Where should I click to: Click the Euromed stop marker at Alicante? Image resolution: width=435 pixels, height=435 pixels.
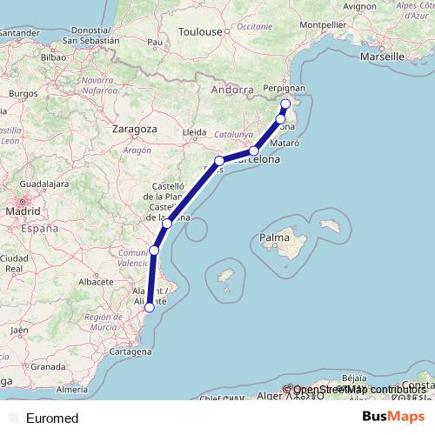tap(150, 307)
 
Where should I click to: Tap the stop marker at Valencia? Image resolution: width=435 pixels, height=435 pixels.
tap(154, 251)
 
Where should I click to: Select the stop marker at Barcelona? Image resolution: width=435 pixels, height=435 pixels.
tap(253, 151)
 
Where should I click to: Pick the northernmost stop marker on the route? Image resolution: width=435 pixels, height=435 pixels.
tap(285, 104)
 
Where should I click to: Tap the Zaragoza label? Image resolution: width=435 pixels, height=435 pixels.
tap(134, 128)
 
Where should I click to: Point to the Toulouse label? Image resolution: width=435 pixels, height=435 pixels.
tap(201, 31)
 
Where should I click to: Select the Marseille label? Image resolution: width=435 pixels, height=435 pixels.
tap(385, 56)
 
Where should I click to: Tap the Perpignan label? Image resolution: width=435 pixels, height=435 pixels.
tap(284, 88)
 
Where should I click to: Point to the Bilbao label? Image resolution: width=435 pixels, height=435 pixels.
tap(53, 56)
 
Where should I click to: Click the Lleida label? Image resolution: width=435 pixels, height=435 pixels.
tap(194, 132)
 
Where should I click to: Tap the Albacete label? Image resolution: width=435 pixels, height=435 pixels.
tap(97, 283)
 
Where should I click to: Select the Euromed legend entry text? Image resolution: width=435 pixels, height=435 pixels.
tap(52, 418)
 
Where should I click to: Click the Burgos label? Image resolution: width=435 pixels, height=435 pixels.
tap(19, 91)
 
